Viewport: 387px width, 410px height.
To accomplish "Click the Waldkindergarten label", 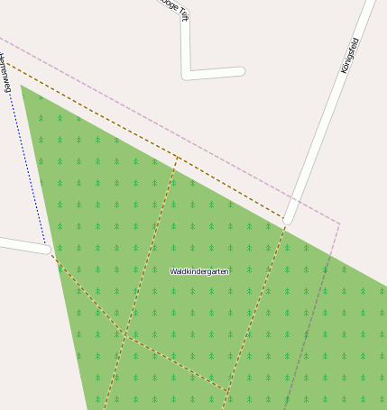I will pyautogui.click(x=199, y=270).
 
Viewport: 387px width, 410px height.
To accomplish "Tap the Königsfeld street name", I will pyautogui.click(x=349, y=55).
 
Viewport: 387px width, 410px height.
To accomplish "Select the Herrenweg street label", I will pyautogui.click(x=5, y=73).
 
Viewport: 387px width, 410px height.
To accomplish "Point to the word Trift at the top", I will pyautogui.click(x=184, y=12).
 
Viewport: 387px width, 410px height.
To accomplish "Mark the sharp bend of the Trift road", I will pyautogui.click(x=187, y=75).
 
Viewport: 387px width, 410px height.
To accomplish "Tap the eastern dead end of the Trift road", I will pyautogui.click(x=241, y=71).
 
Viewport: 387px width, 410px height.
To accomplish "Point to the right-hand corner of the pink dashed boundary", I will pyautogui.click(x=340, y=223).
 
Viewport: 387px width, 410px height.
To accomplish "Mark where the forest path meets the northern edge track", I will pyautogui.click(x=175, y=157).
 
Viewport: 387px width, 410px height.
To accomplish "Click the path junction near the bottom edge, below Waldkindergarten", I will pyautogui.click(x=226, y=391).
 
